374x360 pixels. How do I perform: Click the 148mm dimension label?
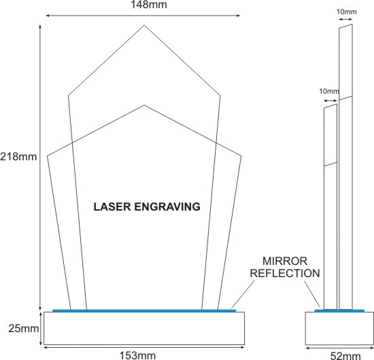coord(149,5)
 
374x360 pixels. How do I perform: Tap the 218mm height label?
coord(18,157)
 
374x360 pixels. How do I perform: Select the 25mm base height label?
coord(23,329)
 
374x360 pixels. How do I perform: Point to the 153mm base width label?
coord(137,355)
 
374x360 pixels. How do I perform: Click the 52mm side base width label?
coord(345,356)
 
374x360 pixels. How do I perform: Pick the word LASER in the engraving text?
coord(112,206)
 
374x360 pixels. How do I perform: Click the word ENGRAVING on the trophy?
coord(167,206)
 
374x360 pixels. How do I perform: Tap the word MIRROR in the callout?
coord(285,261)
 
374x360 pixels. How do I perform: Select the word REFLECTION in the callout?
coord(285,273)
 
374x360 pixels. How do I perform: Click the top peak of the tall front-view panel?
coord(144,25)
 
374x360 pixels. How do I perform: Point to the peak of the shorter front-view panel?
coord(144,105)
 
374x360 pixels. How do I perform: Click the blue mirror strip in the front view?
coord(144,310)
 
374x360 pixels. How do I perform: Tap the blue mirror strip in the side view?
coord(339,310)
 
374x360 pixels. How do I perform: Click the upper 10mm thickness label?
coord(347,12)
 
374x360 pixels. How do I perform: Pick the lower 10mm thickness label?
coord(329,91)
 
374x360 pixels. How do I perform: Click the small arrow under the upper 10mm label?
coord(345,19)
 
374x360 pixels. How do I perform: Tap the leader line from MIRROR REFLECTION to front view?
coord(243,294)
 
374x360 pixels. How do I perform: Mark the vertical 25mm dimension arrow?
coord(41,328)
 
